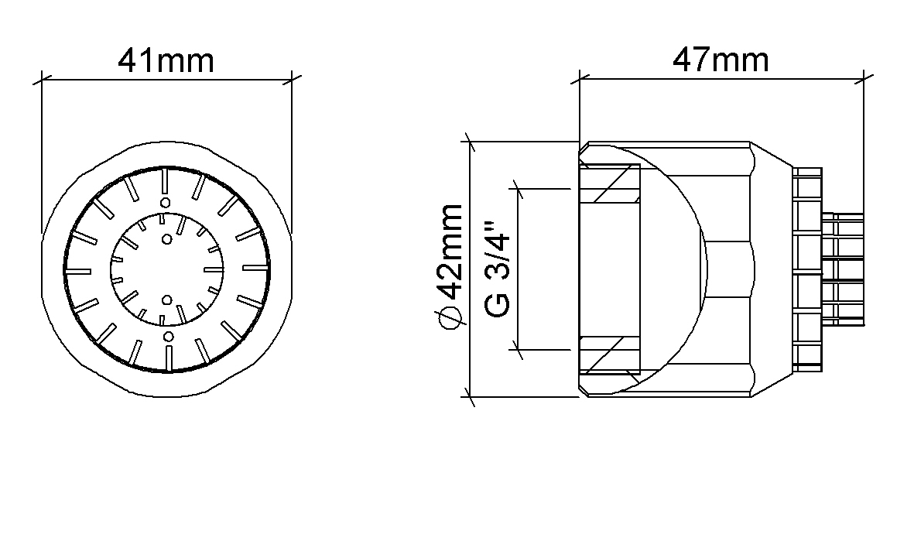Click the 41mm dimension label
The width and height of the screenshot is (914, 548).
click(166, 60)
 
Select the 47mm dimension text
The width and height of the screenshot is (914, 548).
click(721, 60)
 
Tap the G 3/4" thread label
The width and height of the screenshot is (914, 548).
click(497, 269)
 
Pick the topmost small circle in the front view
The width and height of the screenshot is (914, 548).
click(166, 202)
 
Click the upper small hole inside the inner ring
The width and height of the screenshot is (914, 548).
click(167, 239)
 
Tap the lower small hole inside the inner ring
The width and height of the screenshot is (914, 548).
click(166, 300)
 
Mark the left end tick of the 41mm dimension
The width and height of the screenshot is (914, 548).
click(42, 79)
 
